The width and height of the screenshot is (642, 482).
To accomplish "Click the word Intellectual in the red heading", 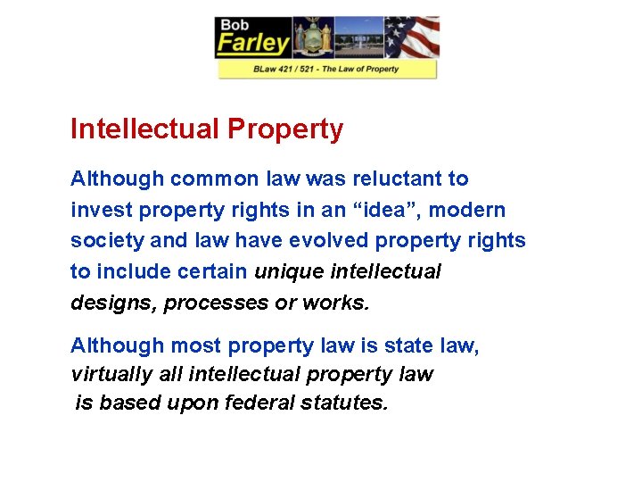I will click(x=144, y=129).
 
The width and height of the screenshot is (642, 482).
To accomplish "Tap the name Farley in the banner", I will click(x=253, y=43).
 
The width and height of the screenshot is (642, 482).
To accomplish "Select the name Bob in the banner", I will click(x=235, y=23).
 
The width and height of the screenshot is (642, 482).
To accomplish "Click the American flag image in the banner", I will click(x=411, y=37).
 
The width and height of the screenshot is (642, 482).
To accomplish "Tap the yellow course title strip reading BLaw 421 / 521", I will click(x=326, y=69).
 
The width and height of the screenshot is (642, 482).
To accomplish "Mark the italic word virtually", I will click(x=106, y=374).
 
